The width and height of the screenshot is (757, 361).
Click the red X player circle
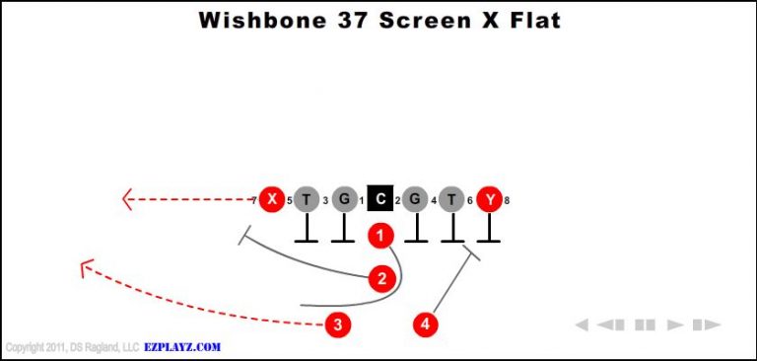(x=271, y=200)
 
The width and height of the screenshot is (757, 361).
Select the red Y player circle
(x=489, y=200)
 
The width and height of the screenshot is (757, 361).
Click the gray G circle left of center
(x=343, y=200)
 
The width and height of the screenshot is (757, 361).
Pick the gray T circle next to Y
(x=451, y=200)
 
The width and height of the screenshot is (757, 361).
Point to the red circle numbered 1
(x=381, y=236)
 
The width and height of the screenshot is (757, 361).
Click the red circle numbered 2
(x=381, y=279)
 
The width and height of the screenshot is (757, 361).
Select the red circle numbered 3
(x=338, y=324)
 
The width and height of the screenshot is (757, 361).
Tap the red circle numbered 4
(x=425, y=324)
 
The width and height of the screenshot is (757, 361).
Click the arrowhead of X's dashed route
(x=126, y=200)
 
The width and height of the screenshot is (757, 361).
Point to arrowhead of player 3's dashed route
(x=86, y=266)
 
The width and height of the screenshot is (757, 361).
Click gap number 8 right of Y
(x=507, y=201)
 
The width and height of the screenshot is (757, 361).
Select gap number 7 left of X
(x=253, y=201)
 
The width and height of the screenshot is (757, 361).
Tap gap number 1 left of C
(x=362, y=201)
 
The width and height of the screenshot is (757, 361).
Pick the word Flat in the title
(x=526, y=20)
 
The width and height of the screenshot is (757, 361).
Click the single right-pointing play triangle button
(x=675, y=325)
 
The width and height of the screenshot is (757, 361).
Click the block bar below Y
(x=488, y=240)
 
